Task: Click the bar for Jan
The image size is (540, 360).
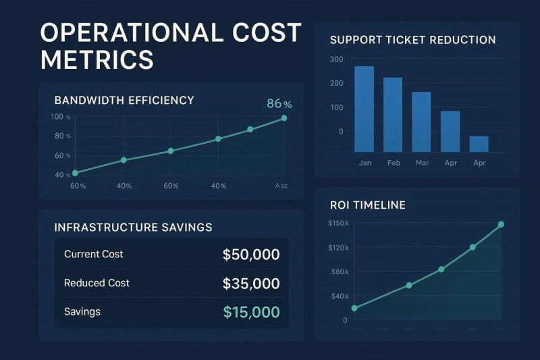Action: point(364,109)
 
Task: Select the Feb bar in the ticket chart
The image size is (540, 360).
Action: point(393,114)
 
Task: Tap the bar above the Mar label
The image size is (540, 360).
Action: point(421,122)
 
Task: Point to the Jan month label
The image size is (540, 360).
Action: point(364,163)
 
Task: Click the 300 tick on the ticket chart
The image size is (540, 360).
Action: point(337,59)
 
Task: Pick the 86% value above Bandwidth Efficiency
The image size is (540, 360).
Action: point(279,104)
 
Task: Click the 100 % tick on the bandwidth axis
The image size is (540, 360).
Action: point(61,117)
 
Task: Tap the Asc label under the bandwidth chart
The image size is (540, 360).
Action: point(281,186)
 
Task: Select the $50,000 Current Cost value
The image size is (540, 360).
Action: point(251,255)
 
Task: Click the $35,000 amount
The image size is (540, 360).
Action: point(251,284)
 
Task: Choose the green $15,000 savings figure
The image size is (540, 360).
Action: point(251,312)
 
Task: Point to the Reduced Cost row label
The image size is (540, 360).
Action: point(97,283)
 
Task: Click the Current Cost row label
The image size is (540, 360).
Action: point(94,255)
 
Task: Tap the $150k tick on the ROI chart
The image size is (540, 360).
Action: point(338,224)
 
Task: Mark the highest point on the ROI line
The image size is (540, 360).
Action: point(501,224)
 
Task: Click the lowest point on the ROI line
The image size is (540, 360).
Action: point(355,308)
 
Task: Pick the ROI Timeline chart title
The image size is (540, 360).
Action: point(368,205)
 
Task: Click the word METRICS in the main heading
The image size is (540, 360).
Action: point(97,59)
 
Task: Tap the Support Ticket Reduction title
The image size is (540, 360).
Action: point(412,40)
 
